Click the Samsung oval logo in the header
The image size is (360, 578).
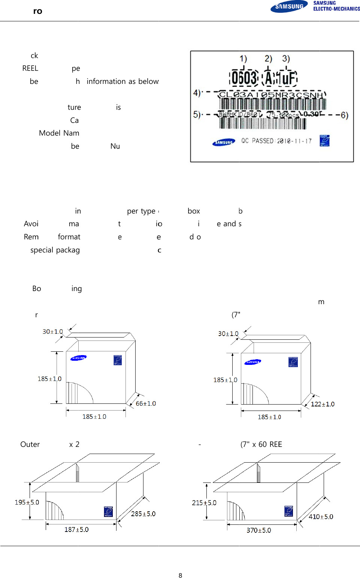click(289, 7)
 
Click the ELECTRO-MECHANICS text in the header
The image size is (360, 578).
click(336, 9)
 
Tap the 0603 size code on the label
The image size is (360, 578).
click(244, 78)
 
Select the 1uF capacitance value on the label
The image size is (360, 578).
click(288, 78)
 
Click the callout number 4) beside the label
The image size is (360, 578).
click(197, 93)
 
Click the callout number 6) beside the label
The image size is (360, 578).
click(344, 115)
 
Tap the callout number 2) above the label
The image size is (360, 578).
click(268, 59)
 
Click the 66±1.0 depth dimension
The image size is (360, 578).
click(146, 403)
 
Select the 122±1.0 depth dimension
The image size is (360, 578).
click(323, 404)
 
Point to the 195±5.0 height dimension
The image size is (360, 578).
click(27, 502)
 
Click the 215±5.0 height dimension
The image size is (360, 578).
click(204, 503)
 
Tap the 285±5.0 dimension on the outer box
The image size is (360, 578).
click(143, 514)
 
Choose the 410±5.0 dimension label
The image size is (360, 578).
click(321, 517)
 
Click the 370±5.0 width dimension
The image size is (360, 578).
click(259, 530)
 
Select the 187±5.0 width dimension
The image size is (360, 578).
click(76, 530)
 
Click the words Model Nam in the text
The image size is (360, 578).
click(59, 133)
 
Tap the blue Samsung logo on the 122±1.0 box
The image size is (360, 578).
click(253, 362)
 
